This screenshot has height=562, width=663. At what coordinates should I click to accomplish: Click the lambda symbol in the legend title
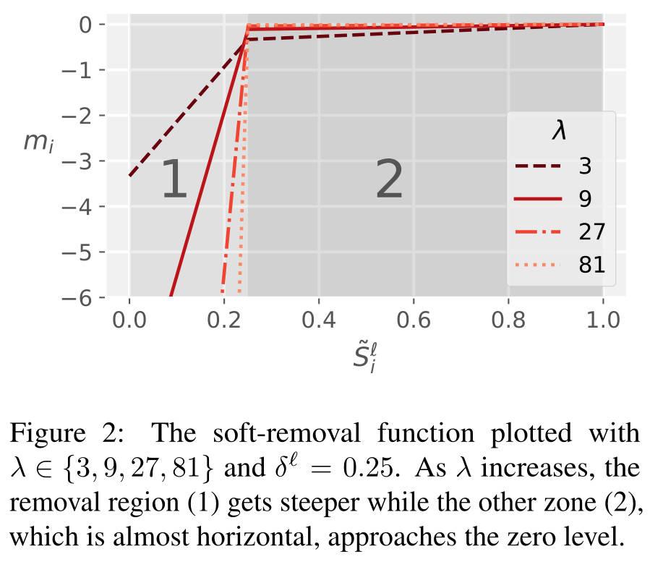tap(560, 132)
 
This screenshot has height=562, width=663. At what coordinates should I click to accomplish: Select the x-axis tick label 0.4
tap(319, 320)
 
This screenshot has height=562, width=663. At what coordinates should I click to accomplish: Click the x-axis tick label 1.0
tap(603, 320)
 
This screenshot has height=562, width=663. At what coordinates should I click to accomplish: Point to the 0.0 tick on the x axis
tap(130, 320)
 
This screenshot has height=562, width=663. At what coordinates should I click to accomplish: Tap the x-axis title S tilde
tap(365, 357)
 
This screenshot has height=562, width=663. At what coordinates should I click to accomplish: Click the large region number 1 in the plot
tap(174, 180)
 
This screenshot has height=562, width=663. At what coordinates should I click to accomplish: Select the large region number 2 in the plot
tap(389, 180)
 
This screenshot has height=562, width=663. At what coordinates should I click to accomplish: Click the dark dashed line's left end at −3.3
tap(131, 174)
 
